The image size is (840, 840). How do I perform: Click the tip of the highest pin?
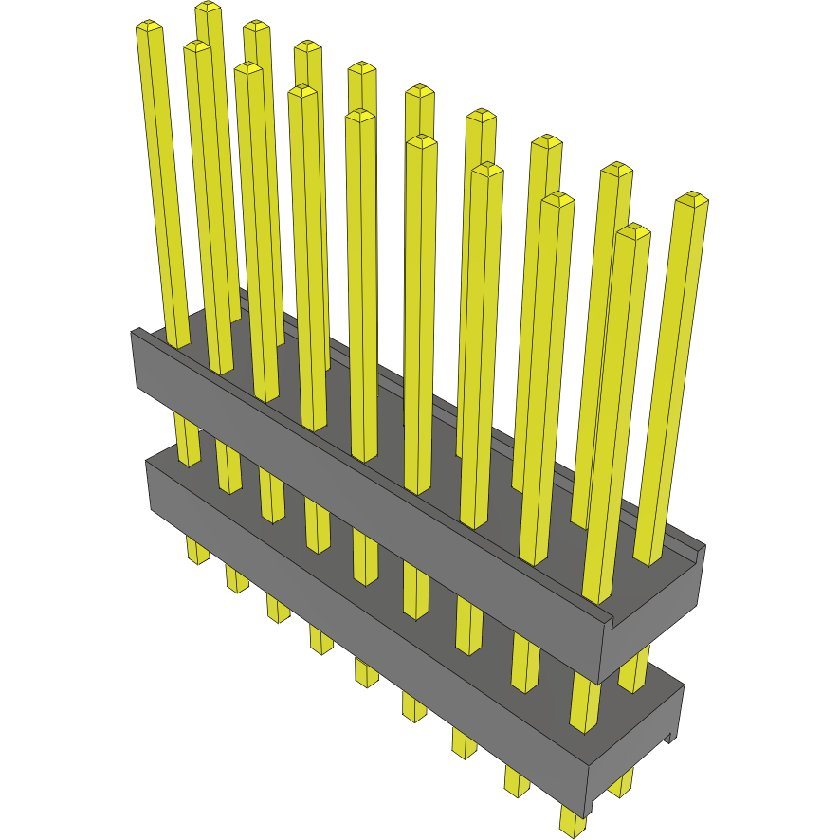(209, 8)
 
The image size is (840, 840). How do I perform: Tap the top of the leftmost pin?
(149, 27)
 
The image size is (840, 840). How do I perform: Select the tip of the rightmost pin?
(692, 199)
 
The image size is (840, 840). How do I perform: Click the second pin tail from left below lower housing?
(236, 578)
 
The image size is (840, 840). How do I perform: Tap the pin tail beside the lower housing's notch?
(621, 783)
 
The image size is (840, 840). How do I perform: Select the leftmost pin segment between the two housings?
(188, 441)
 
